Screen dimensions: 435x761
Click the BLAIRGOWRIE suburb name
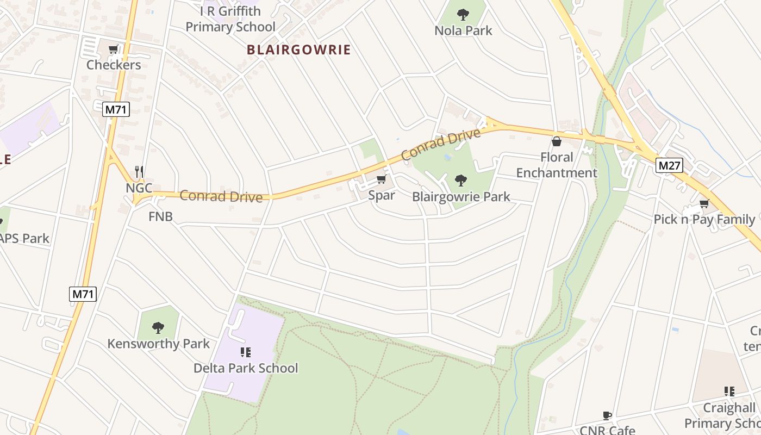click(298, 50)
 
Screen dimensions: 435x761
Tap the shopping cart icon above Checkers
click(113, 50)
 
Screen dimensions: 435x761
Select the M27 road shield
click(669, 165)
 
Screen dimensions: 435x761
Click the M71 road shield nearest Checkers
click(116, 109)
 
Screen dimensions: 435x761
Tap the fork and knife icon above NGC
click(139, 172)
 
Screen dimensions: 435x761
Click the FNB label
click(160, 216)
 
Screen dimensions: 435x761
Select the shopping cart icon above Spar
click(381, 179)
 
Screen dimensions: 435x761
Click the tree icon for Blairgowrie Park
click(460, 180)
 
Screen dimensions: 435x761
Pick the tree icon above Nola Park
click(463, 14)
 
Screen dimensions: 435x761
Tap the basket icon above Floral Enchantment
click(556, 142)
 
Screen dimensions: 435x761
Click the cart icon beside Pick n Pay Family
click(704, 204)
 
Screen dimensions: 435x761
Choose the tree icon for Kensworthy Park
click(158, 327)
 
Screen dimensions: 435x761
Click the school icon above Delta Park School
click(245, 352)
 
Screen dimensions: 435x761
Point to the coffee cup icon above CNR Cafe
click(607, 416)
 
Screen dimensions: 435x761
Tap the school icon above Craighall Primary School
click(729, 391)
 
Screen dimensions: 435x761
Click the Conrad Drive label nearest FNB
click(221, 196)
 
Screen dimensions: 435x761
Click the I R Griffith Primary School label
click(230, 18)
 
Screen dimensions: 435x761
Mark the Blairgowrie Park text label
click(461, 196)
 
